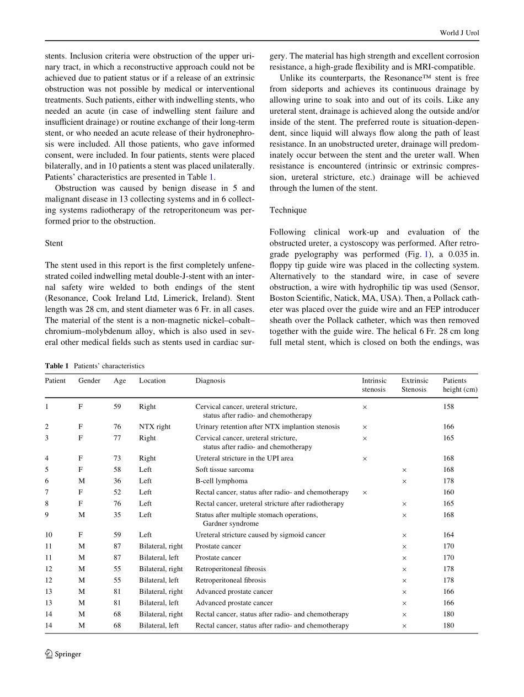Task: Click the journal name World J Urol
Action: (459, 33)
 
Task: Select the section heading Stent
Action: (54, 243)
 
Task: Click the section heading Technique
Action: (288, 210)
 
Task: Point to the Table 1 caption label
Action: (57, 366)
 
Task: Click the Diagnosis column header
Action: (210, 381)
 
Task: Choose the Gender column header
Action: (89, 381)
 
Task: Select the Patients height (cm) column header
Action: (460, 385)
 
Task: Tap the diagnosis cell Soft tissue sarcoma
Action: (224, 470)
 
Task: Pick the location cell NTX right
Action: (154, 427)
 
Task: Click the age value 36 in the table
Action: (117, 481)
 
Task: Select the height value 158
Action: (448, 407)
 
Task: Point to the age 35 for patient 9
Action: (117, 515)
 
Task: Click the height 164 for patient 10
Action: (448, 535)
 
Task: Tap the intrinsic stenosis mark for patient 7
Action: (365, 492)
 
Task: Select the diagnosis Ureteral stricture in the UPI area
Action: (244, 458)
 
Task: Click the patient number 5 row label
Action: (47, 470)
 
